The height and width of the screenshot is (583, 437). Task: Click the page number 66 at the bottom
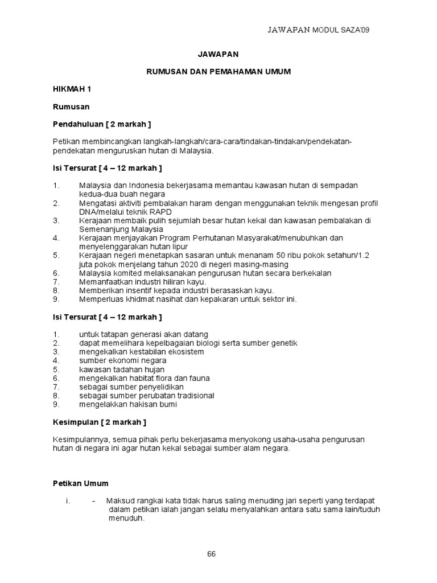coord(211,553)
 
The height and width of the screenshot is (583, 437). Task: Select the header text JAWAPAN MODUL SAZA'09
coord(322,30)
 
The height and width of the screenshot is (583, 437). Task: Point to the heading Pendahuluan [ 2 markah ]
coord(102,124)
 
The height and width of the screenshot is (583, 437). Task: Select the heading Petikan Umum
coord(80,483)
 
